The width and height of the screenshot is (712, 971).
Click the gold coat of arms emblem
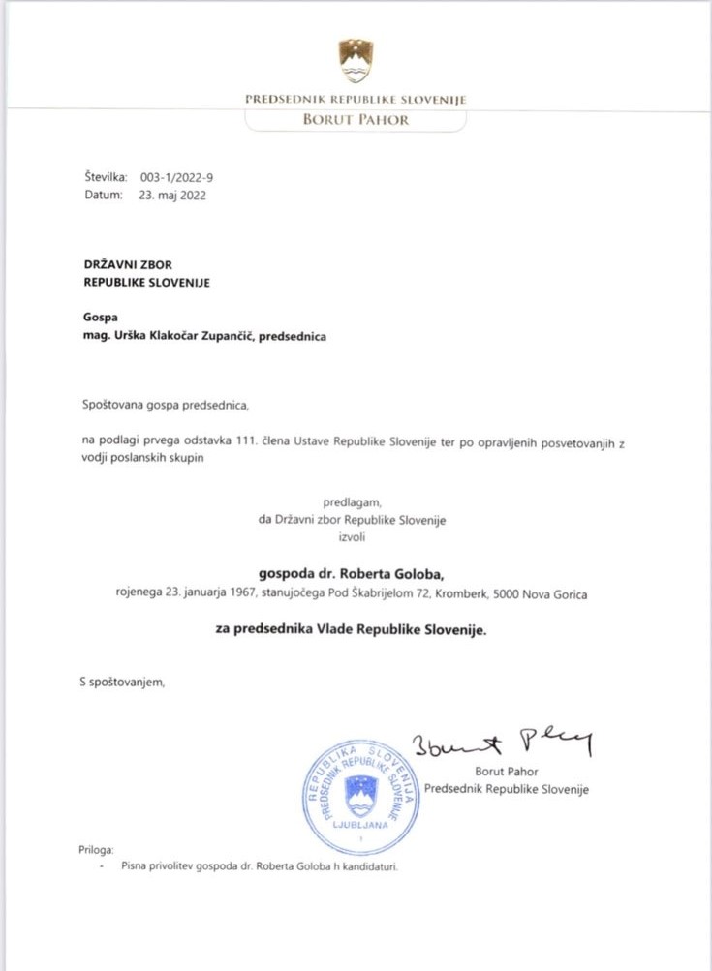[356, 61]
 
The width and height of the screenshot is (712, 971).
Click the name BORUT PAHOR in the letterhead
[356, 120]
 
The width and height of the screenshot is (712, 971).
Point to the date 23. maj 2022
[172, 195]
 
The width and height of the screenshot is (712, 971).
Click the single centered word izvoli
[351, 537]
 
